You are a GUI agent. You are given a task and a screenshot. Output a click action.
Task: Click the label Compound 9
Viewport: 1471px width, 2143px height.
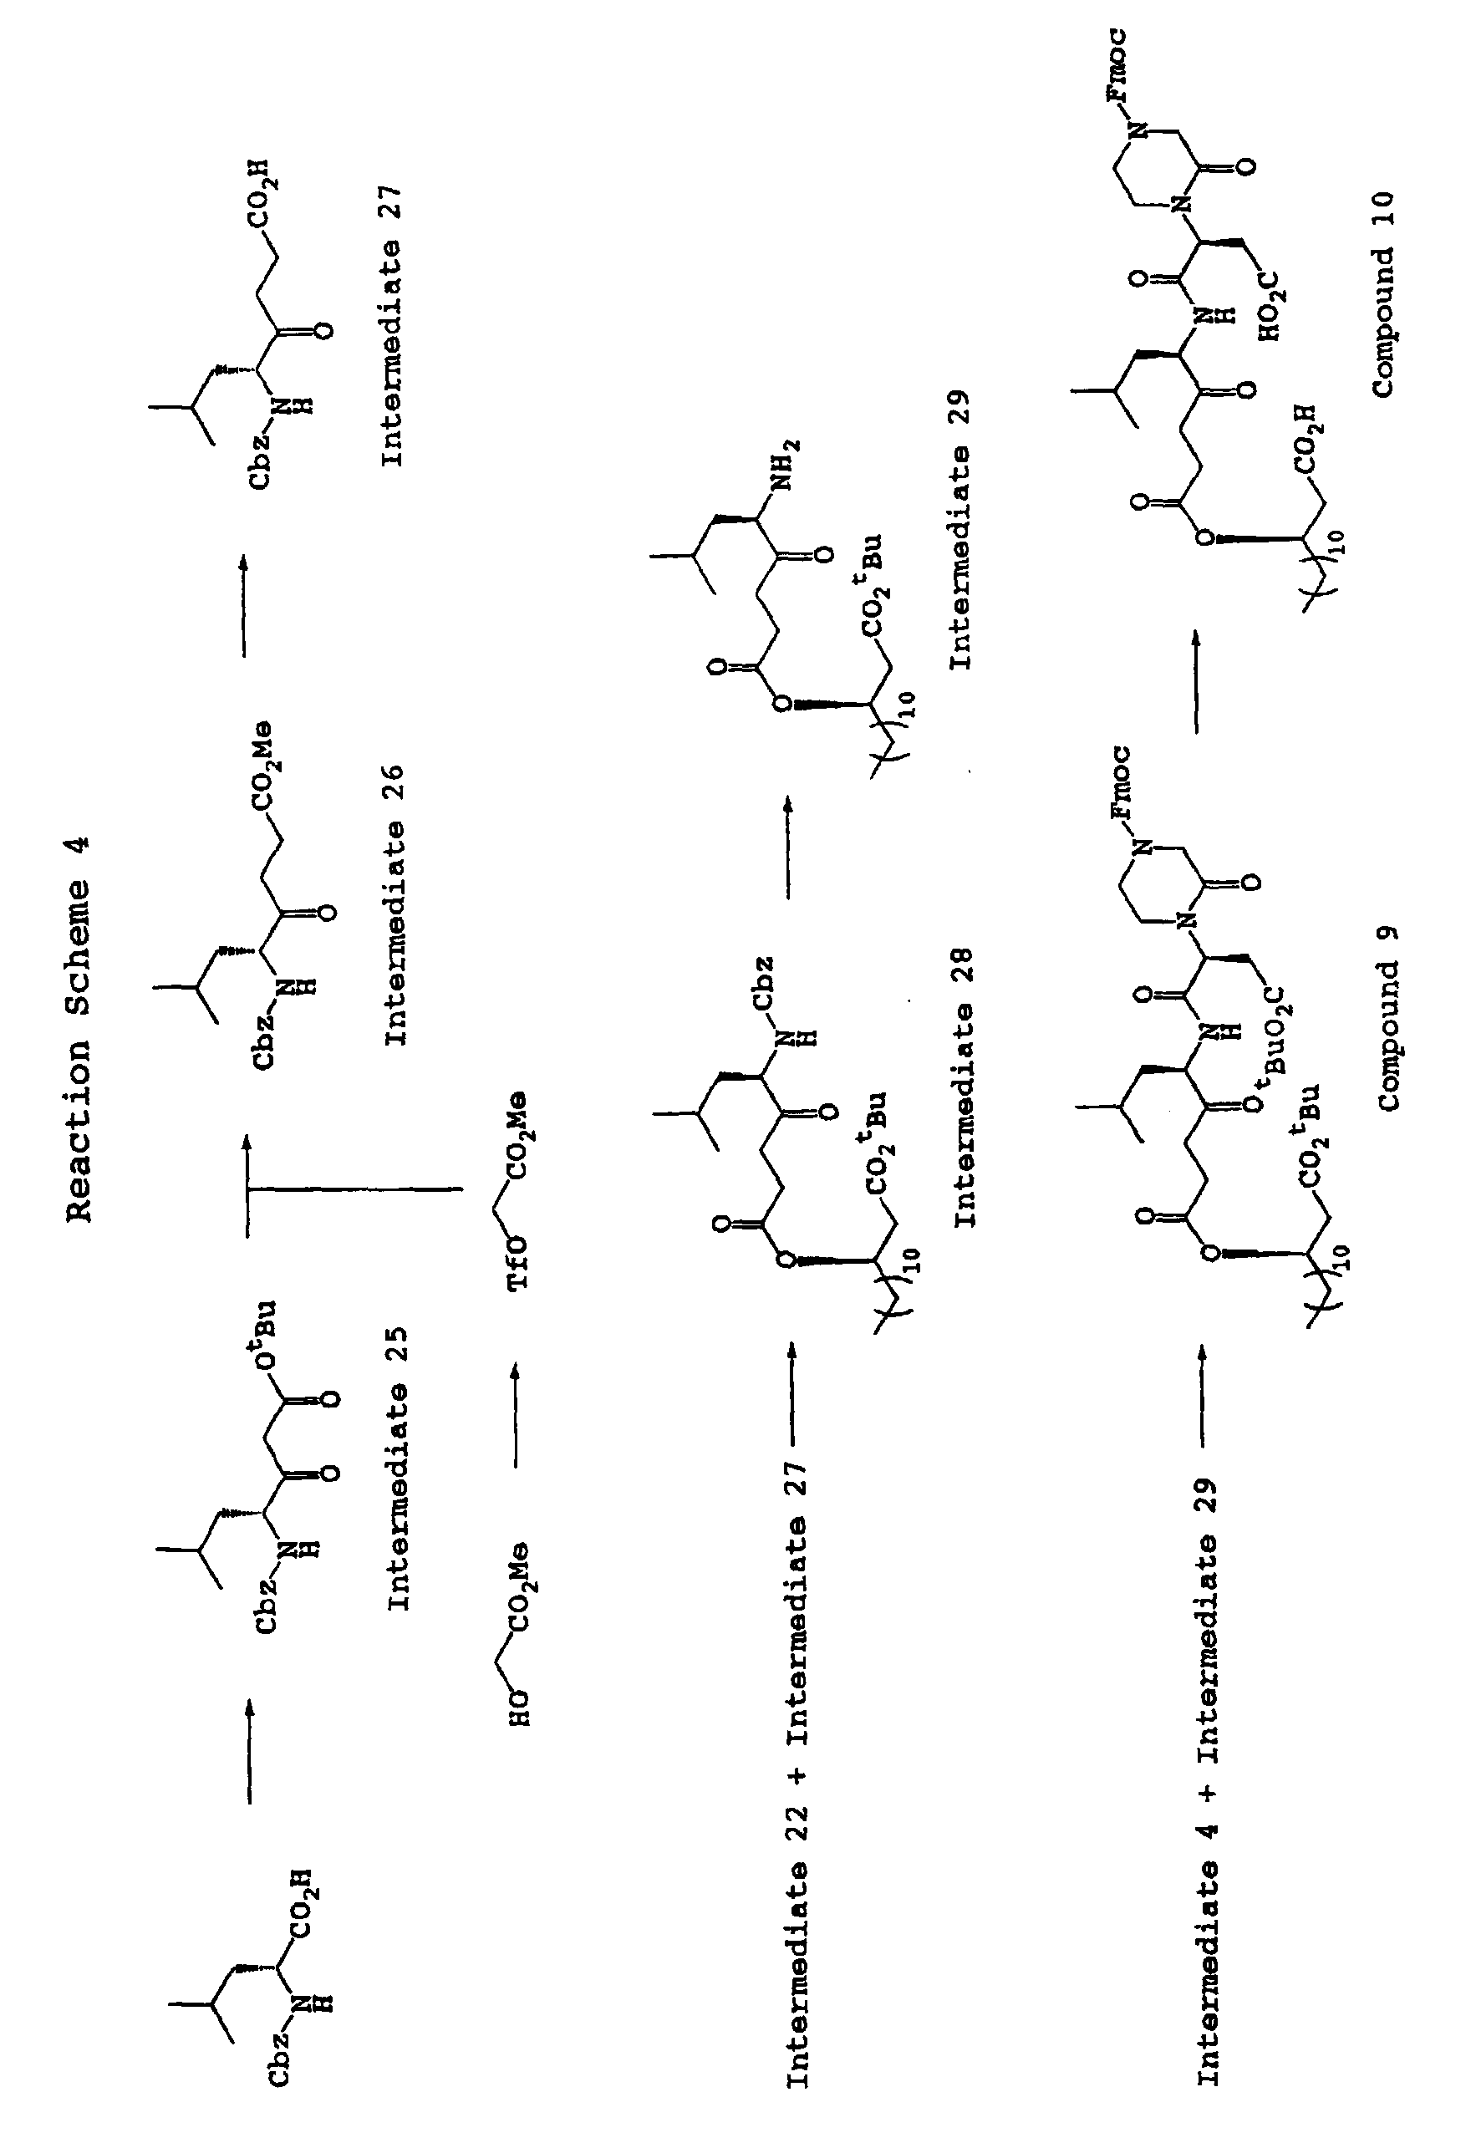[x=1389, y=1019]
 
